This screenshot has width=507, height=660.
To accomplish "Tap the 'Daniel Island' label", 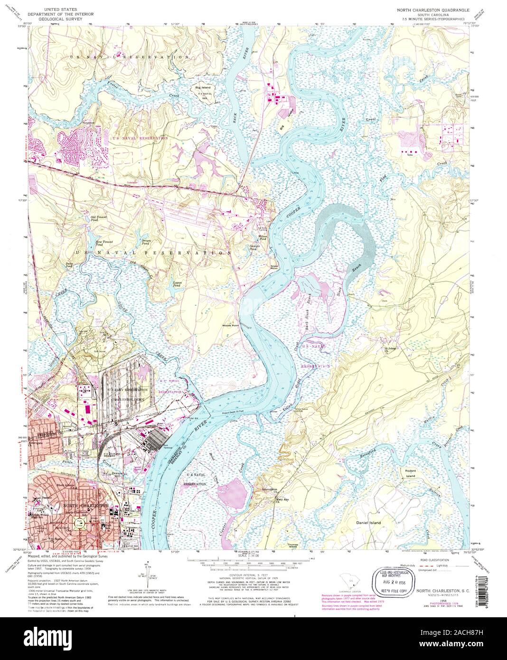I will pos(368,523).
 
